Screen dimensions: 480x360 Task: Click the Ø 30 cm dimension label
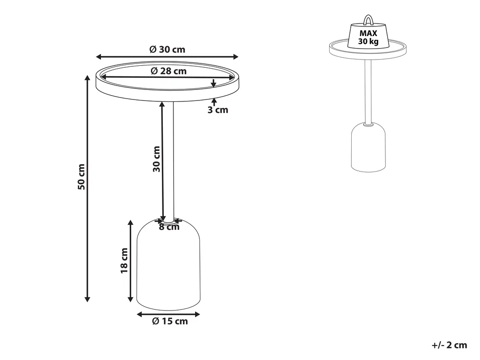[168, 50]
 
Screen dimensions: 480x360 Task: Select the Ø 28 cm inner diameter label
[169, 71]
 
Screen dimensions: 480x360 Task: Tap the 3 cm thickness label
[218, 110]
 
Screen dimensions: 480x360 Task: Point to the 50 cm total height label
[81, 176]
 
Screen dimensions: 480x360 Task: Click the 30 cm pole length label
[157, 159]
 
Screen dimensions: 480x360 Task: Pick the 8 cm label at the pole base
[169, 227]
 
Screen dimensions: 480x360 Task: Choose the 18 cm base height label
[124, 261]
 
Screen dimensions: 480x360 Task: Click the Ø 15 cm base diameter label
[170, 321]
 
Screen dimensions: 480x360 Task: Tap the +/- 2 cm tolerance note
[449, 345]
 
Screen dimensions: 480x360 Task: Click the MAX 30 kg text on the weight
[368, 37]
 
